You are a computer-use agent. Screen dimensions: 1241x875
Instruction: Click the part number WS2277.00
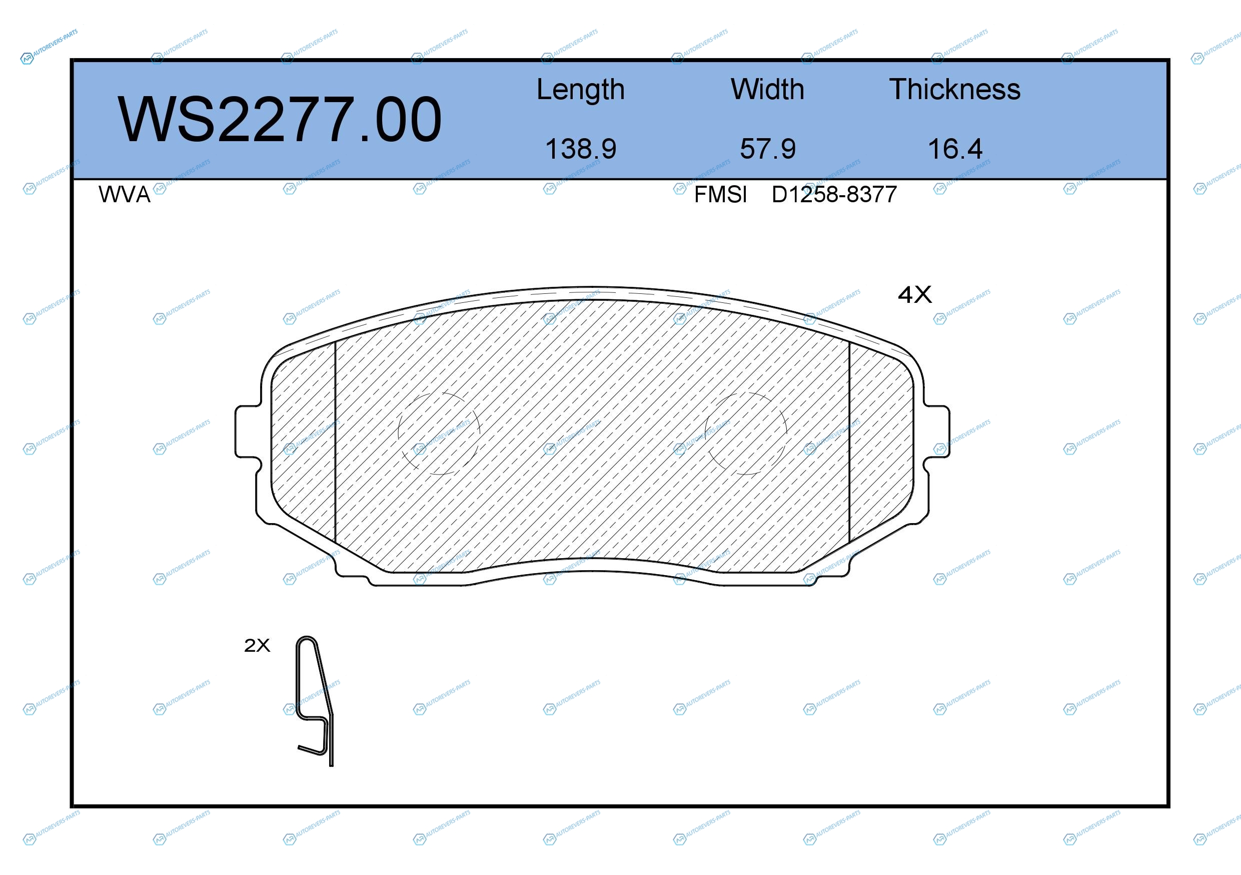tap(280, 119)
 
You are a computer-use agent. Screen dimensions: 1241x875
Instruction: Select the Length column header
tap(581, 90)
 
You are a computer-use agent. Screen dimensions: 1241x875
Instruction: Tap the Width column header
tap(767, 89)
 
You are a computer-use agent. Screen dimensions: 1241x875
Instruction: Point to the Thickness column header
tap(954, 89)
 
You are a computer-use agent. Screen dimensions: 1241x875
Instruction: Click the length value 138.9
tap(581, 149)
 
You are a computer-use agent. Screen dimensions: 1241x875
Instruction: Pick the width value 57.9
tap(767, 149)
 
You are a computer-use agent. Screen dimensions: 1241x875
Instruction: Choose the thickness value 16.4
tap(955, 149)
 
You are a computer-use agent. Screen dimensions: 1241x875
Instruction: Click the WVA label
tap(125, 195)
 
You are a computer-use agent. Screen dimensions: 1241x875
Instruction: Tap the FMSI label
tap(720, 195)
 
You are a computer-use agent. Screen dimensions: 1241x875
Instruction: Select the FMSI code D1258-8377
tap(834, 195)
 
